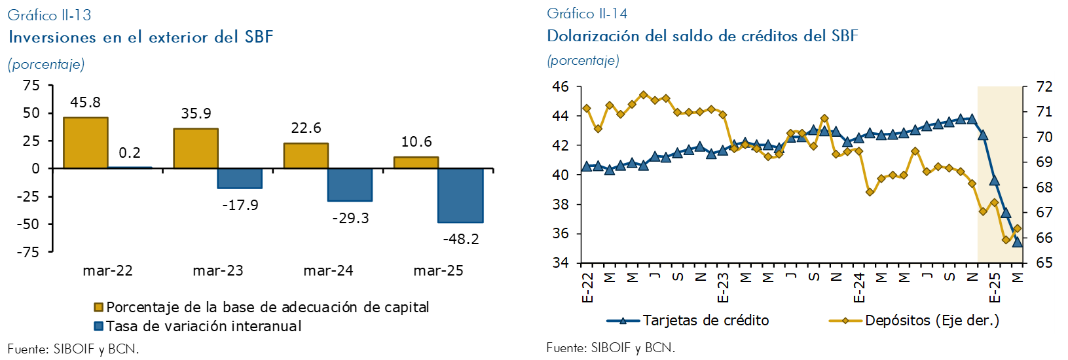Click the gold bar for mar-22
click(85, 143)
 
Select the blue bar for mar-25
click(460, 195)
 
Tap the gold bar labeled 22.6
click(306, 156)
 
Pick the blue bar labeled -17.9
click(240, 178)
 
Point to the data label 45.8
click(85, 103)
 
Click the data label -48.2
click(460, 239)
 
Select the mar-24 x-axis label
click(328, 271)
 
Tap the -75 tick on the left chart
click(31, 252)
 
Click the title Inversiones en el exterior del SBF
click(141, 37)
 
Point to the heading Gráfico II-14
click(587, 13)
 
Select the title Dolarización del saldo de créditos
click(702, 36)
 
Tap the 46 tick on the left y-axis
click(561, 86)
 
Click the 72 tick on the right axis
click(1044, 86)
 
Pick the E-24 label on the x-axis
click(859, 288)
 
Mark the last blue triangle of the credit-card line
click(1017, 242)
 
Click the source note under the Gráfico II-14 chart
click(610, 348)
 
